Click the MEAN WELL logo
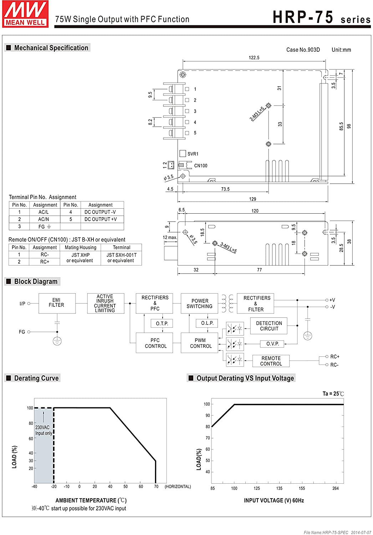25,14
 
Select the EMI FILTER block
57,303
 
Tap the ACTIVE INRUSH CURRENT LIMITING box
105,304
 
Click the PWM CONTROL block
200,343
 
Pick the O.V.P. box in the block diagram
272,344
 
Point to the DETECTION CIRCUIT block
269,326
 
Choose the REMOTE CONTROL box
271,361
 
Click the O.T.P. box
162,323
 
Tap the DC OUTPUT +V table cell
101,219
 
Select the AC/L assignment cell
44,212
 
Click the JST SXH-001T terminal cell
121,258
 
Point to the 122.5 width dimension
254,58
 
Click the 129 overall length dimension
252,199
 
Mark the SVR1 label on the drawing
193,154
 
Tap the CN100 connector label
200,166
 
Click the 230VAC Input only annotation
44,430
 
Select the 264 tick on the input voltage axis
336,488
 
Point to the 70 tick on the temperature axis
156,486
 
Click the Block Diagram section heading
36,281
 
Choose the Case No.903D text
303,50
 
